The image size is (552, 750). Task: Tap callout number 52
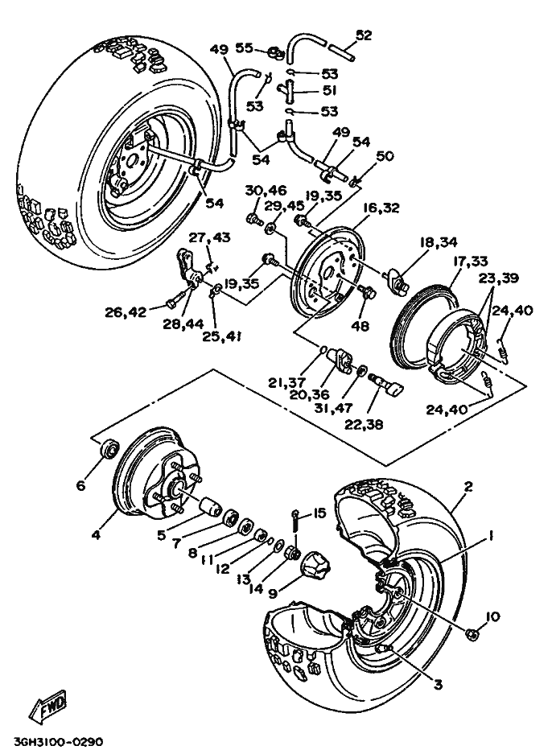(x=364, y=35)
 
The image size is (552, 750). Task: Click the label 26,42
(x=127, y=311)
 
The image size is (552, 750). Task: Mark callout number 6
(x=80, y=485)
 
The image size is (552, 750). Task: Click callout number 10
(x=492, y=617)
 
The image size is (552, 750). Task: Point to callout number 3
(x=437, y=684)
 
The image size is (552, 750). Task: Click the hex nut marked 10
(x=474, y=635)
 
